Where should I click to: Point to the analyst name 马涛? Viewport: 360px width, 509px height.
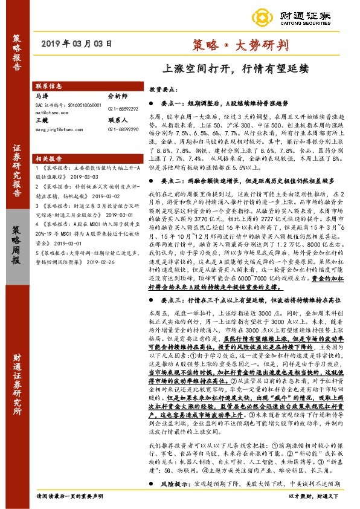(x=42, y=96)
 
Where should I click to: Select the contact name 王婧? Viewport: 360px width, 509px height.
(x=42, y=120)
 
